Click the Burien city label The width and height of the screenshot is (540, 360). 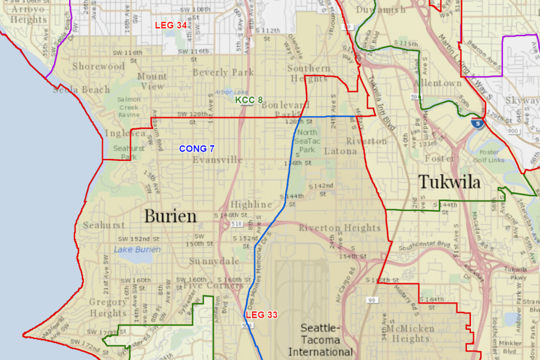coord(170,216)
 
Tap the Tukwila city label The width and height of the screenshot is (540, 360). coord(449,182)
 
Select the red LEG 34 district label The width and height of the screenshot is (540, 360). coord(170,25)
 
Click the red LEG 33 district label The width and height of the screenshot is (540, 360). coord(262,315)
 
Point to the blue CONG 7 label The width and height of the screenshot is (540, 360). coord(197,149)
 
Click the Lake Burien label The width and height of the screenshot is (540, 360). coord(138,250)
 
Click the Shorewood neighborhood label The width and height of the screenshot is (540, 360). coord(99,66)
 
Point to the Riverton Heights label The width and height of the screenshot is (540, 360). coord(340,228)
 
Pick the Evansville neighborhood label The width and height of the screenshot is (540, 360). coord(218,160)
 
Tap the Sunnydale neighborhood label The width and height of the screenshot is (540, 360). coord(214,261)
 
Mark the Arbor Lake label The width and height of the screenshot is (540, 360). coord(232,92)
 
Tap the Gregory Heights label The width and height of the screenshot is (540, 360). coord(108,307)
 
